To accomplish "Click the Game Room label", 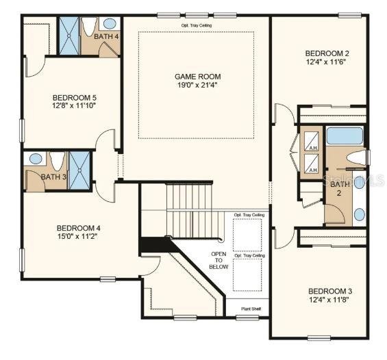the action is click(x=198, y=77).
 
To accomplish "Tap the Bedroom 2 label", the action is click(x=327, y=53).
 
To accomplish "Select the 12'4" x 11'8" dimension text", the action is click(x=329, y=300).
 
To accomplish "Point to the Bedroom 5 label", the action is click(x=75, y=98).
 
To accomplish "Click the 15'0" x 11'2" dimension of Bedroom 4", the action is click(x=78, y=236).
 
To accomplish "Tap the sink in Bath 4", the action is click(x=110, y=24).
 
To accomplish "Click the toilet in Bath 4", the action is click(x=89, y=27).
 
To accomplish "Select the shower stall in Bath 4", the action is click(x=69, y=36).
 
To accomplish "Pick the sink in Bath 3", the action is click(x=36, y=158).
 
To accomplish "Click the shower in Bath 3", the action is click(x=79, y=170).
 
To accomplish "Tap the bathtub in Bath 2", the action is click(x=345, y=136).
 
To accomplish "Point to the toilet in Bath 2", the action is click(x=356, y=158).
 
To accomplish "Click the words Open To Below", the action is click(x=219, y=260).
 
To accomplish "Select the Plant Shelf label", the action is click(x=251, y=309).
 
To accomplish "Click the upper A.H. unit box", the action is click(x=311, y=141).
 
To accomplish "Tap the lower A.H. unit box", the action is click(x=311, y=164).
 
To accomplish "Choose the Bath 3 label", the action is click(x=53, y=177).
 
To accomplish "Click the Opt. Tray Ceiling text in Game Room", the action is click(x=197, y=25).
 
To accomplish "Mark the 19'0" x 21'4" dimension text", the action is click(x=198, y=85).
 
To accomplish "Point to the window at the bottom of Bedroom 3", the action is click(x=319, y=338).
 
